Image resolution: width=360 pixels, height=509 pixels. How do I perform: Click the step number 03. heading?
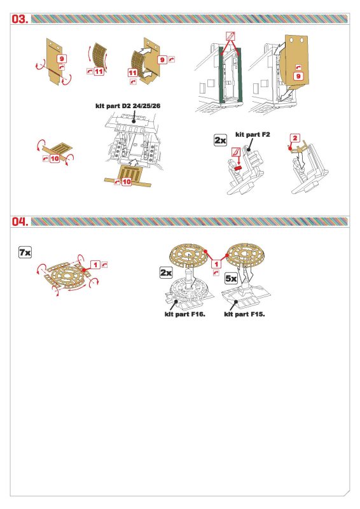point(20,19)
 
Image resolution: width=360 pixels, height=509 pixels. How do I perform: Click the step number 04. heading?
point(20,221)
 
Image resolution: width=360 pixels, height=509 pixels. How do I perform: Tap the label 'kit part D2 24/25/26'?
point(128,106)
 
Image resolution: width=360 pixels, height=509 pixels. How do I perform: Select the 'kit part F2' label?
point(253,134)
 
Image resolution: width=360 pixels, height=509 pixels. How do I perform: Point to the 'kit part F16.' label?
point(185,314)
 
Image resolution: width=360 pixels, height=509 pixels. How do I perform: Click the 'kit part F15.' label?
point(244,314)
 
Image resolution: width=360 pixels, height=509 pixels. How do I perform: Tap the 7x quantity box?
point(25,252)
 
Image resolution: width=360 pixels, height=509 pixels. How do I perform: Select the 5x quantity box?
point(231,279)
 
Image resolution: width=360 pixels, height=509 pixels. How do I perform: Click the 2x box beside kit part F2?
point(221,140)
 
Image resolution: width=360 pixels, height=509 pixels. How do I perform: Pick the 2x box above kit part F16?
point(166,273)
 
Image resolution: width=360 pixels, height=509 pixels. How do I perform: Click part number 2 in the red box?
point(294,138)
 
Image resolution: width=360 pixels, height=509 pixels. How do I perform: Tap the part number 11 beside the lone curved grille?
point(99,71)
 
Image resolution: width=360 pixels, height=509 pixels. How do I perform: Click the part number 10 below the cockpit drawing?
point(127,182)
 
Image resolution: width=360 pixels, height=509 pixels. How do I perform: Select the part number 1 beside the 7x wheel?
point(95,265)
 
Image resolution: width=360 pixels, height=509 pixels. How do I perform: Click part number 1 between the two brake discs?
point(216,265)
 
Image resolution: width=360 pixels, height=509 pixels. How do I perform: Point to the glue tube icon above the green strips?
point(230,36)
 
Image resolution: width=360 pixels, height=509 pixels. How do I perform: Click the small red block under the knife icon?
point(239,167)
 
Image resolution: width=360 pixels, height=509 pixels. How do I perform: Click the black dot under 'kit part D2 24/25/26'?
point(134,121)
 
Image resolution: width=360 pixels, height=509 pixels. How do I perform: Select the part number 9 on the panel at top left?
point(62,59)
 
